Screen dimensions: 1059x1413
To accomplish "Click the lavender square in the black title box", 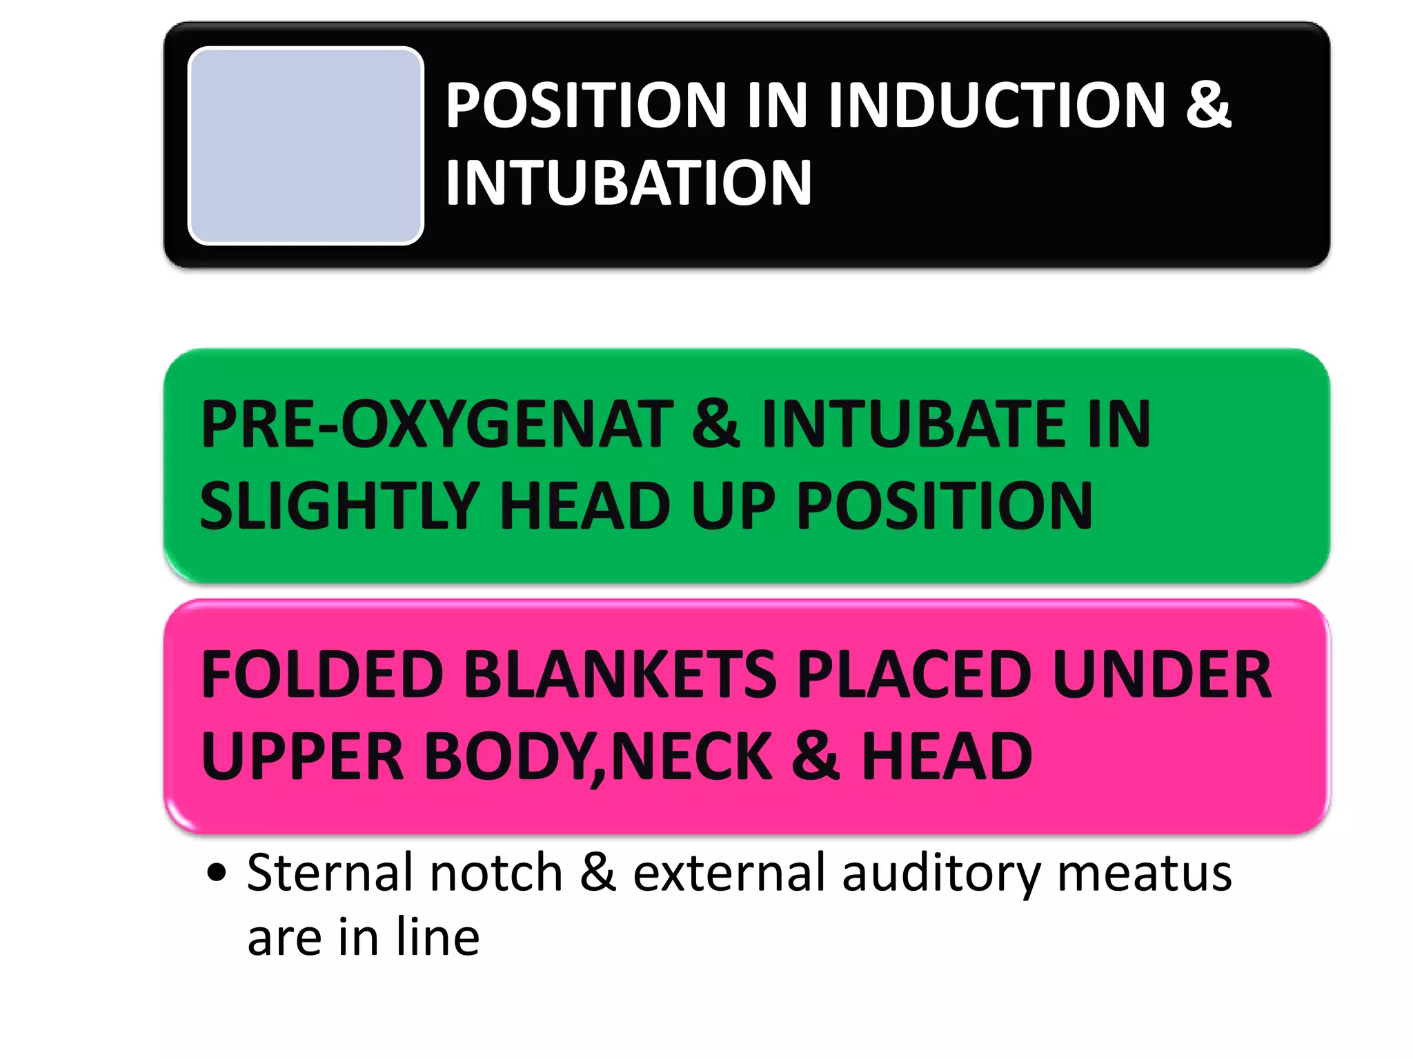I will (306, 145).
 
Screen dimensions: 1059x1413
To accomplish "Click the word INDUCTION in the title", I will (996, 105).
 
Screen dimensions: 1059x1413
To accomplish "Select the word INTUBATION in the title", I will (629, 183).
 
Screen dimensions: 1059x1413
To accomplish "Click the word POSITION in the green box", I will (945, 506).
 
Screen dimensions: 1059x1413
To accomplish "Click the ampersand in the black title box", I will (1208, 105).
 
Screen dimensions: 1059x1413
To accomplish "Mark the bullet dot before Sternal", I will (217, 872).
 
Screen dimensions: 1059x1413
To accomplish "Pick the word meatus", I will (1145, 873).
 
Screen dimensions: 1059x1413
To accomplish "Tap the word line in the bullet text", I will (438, 937).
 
